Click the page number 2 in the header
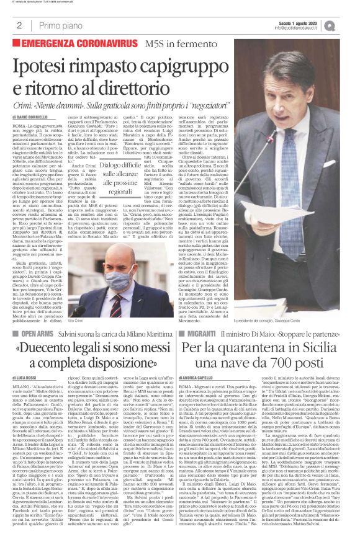coord(20,26)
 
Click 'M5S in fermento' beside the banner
coord(192,45)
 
